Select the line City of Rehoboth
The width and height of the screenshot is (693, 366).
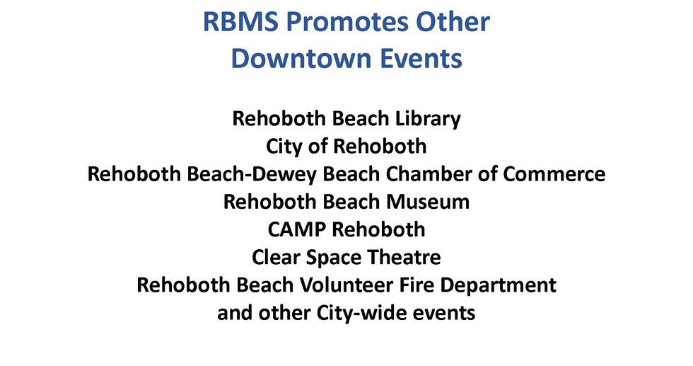[x=346, y=146]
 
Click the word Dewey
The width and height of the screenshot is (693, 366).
[x=306, y=173]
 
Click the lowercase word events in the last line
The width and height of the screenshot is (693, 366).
[x=446, y=312]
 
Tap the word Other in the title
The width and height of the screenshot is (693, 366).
[x=454, y=22]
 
